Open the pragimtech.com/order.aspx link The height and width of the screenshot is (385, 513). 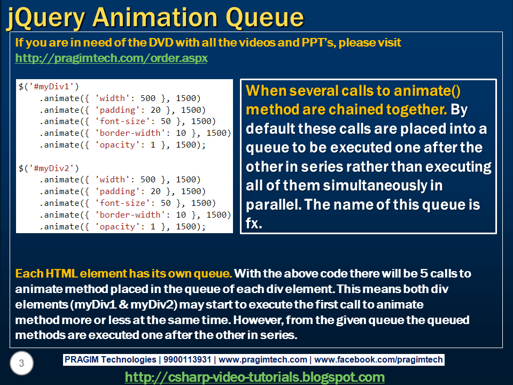pos(111,58)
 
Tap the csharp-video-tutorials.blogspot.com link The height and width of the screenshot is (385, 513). pos(255,377)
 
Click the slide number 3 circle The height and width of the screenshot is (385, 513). pos(21,364)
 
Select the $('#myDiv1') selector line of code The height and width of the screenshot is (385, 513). pos(48,86)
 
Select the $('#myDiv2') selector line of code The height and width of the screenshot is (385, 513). pos(48,167)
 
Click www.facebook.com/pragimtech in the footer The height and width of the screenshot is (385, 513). pos(378,360)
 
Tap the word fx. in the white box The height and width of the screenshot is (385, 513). pos(254,224)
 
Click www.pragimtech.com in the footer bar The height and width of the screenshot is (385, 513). pos(263,360)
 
